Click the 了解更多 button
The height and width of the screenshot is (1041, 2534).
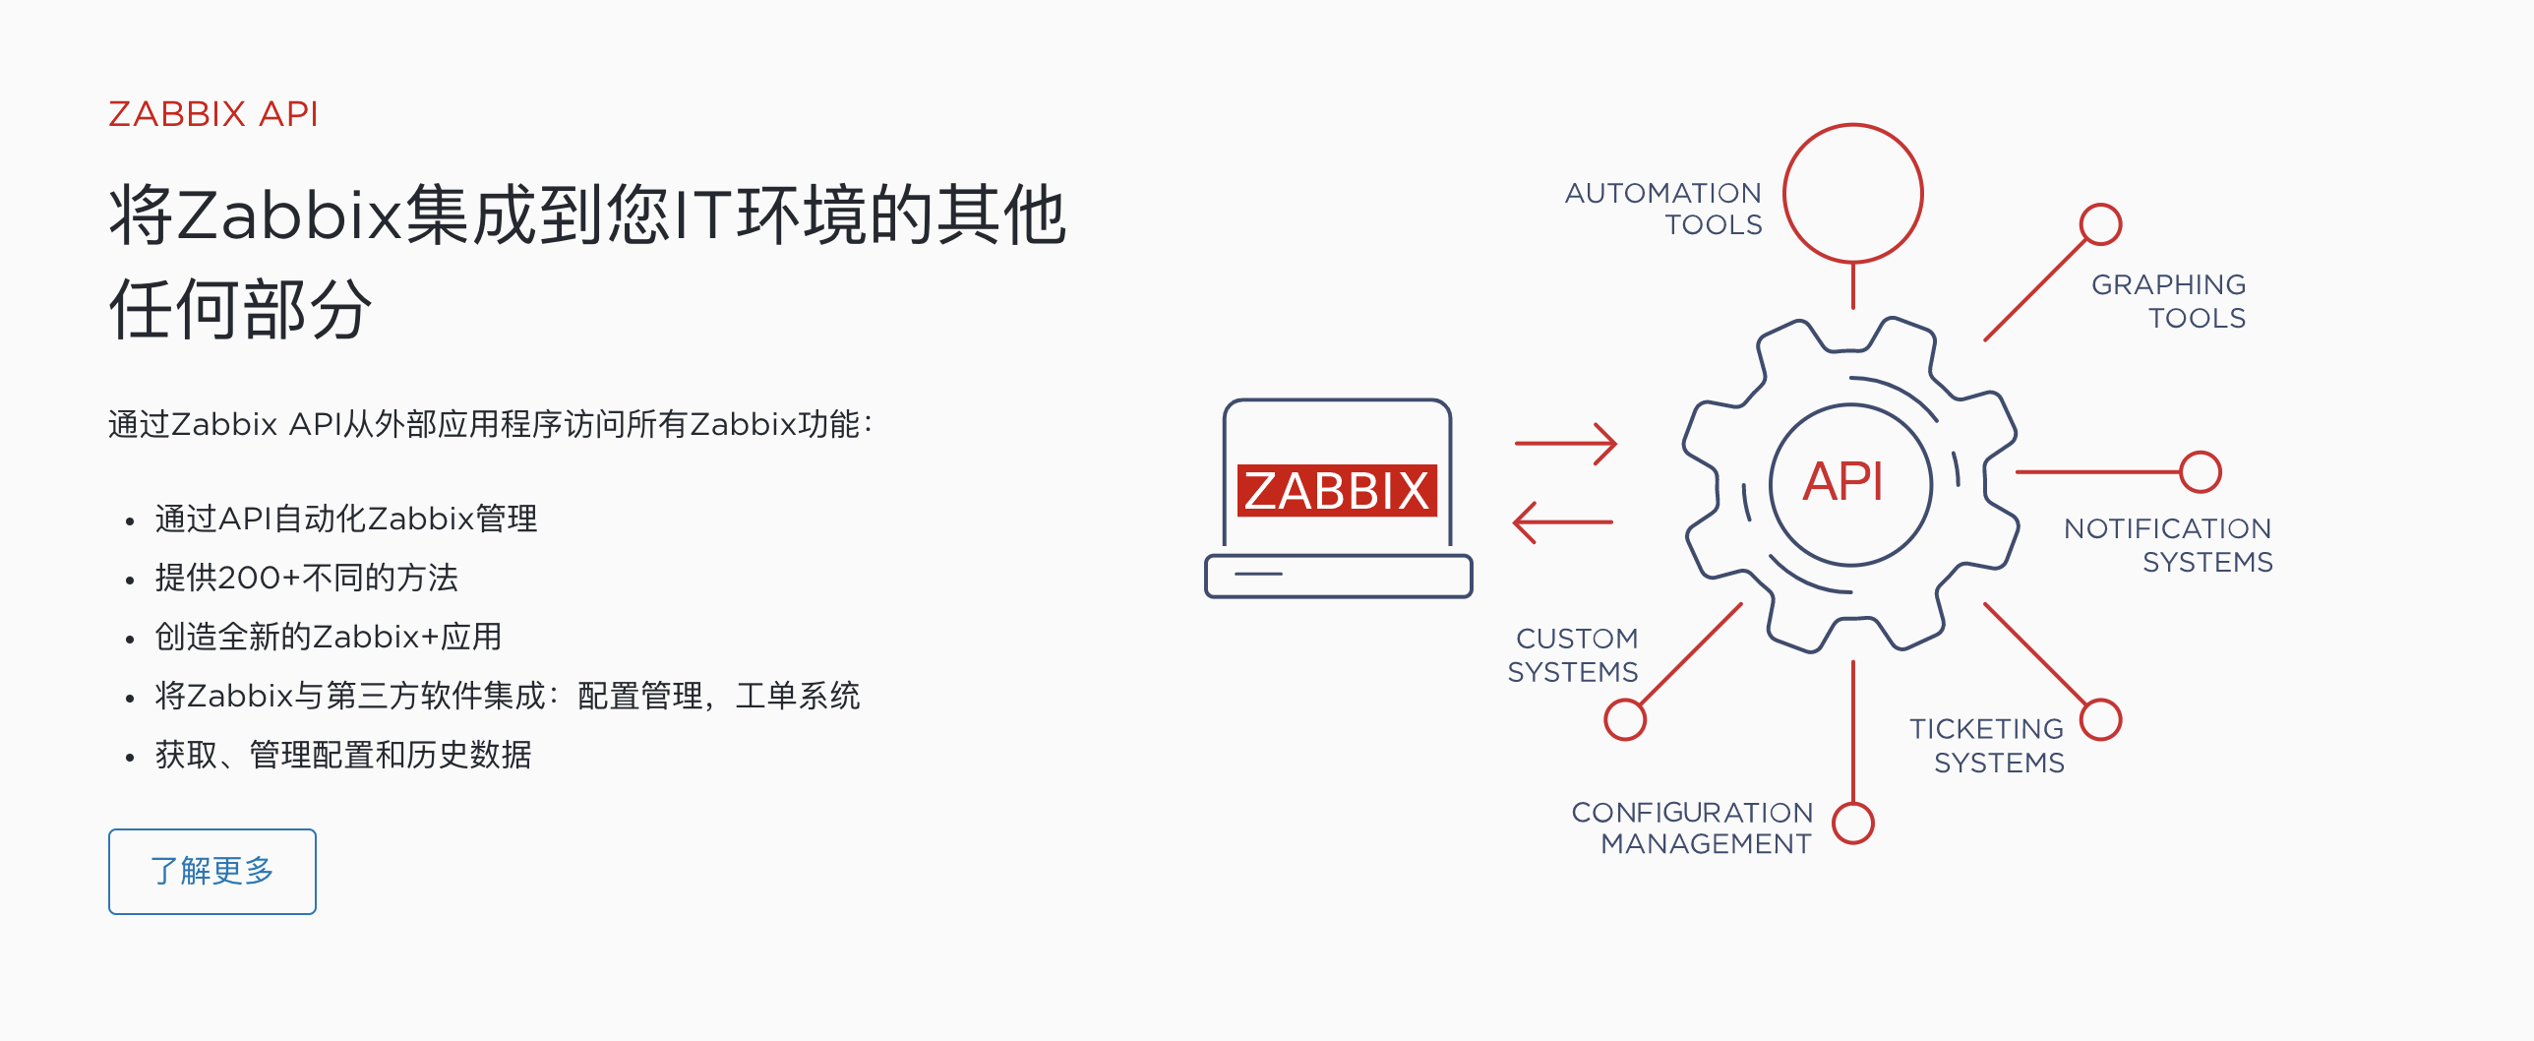click(x=212, y=871)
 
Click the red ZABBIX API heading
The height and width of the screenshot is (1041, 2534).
click(x=213, y=114)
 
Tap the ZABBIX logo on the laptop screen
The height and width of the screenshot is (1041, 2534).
click(x=1337, y=490)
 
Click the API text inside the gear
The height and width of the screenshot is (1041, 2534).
click(x=1842, y=482)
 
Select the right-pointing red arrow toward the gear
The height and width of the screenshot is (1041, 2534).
click(x=1565, y=444)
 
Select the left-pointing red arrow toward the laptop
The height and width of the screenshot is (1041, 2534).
click(x=1563, y=522)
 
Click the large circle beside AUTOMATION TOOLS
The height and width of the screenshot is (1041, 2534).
click(x=1853, y=193)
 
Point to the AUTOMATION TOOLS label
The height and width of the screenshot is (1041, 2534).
click(x=1664, y=209)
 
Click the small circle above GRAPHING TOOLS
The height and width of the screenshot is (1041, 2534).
click(x=2100, y=224)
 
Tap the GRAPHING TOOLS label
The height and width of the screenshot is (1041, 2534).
click(x=2169, y=301)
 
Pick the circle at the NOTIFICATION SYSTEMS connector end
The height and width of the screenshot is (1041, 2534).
click(x=2201, y=472)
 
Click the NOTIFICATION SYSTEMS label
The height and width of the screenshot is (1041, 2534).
click(x=2169, y=545)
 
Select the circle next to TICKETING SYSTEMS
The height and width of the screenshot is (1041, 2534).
click(x=2101, y=719)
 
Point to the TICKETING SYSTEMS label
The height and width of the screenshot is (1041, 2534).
click(x=1988, y=746)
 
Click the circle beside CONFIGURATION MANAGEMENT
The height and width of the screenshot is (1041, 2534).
click(x=1853, y=823)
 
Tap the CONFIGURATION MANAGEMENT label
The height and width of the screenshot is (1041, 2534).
click(x=1693, y=827)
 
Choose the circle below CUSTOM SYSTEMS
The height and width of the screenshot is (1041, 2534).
click(x=1625, y=719)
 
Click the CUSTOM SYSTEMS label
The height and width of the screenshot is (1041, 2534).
click(x=1574, y=655)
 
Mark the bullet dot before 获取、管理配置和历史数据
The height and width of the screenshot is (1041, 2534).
click(x=129, y=757)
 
